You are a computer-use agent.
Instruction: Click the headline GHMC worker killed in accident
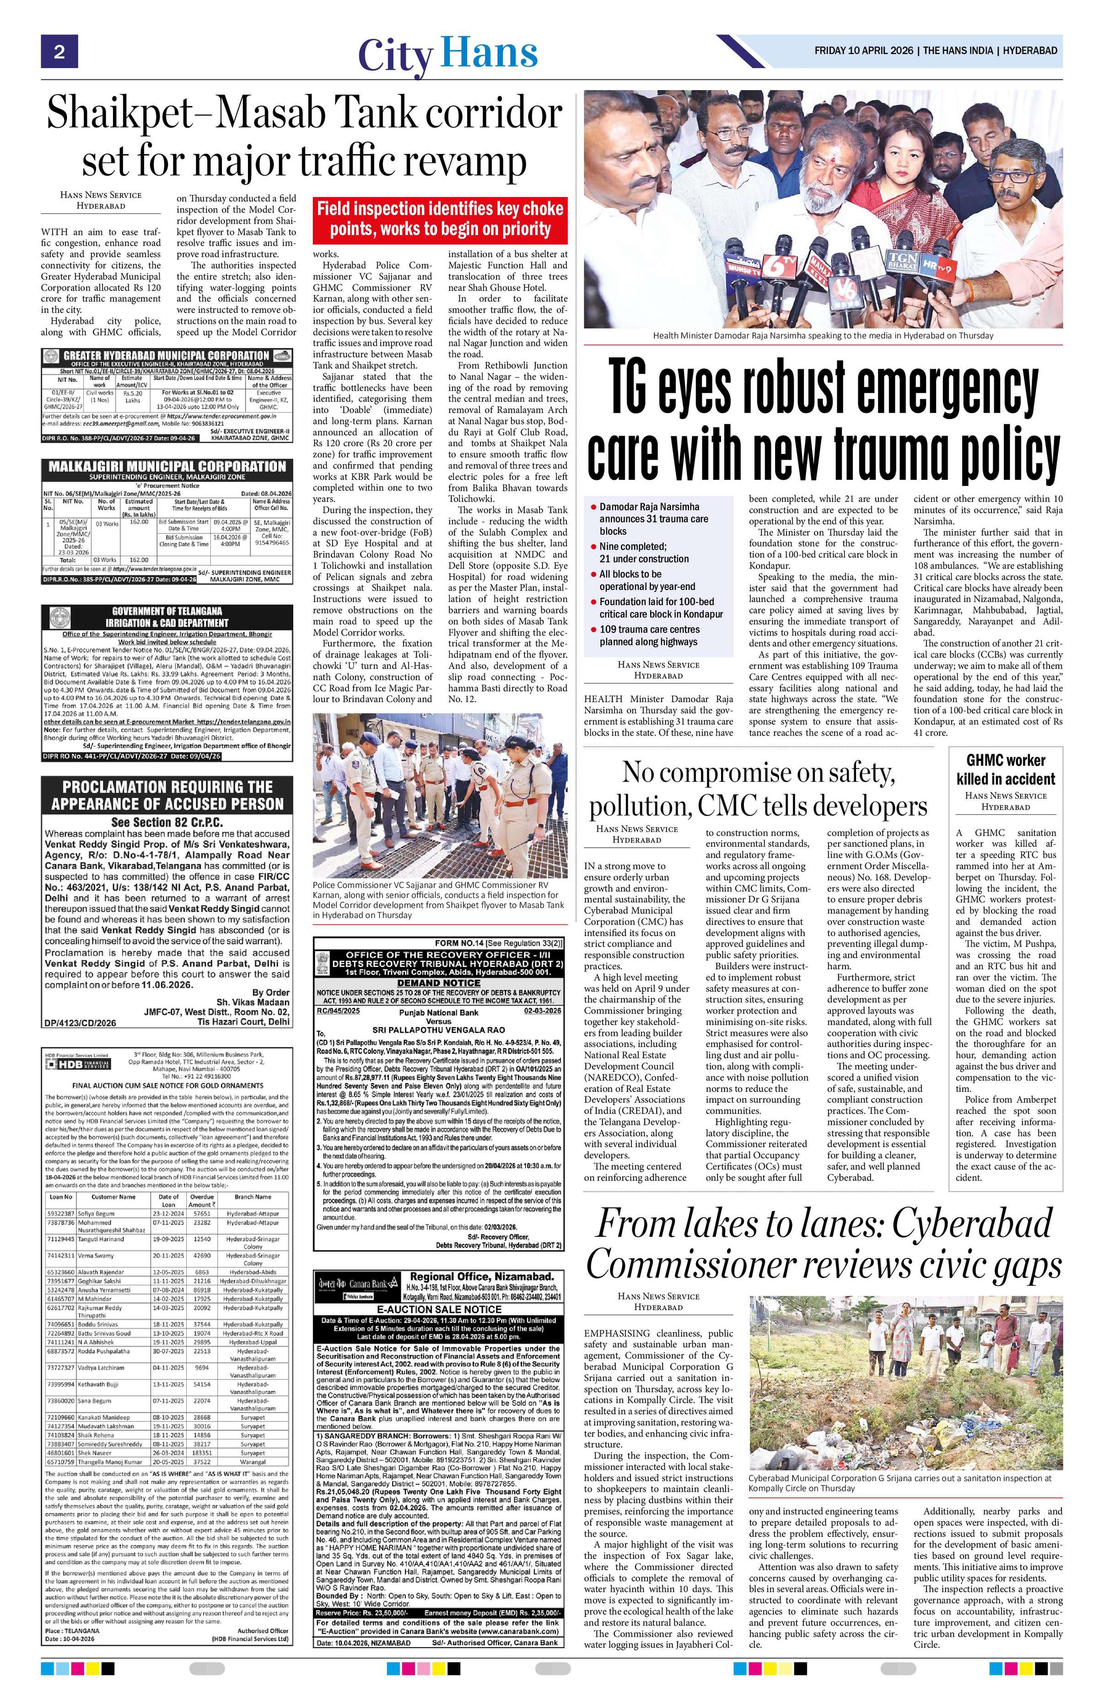click(x=1005, y=769)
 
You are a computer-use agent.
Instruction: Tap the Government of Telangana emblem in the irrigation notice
click(x=54, y=616)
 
